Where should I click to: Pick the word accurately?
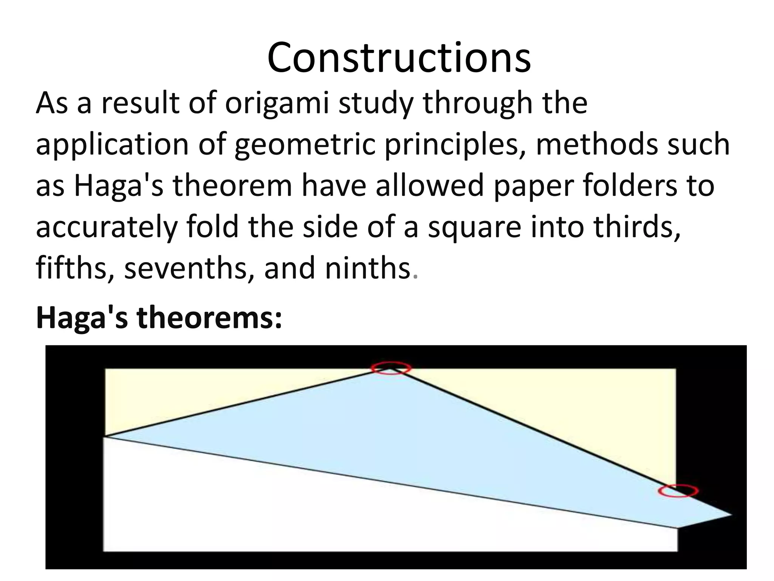tap(106, 227)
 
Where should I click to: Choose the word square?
tap(475, 228)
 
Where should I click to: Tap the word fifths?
tap(75, 268)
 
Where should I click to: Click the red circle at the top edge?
tap(390, 368)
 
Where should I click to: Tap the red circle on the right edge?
tap(678, 491)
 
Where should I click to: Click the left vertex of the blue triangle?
tap(105, 437)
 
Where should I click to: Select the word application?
tap(112, 145)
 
